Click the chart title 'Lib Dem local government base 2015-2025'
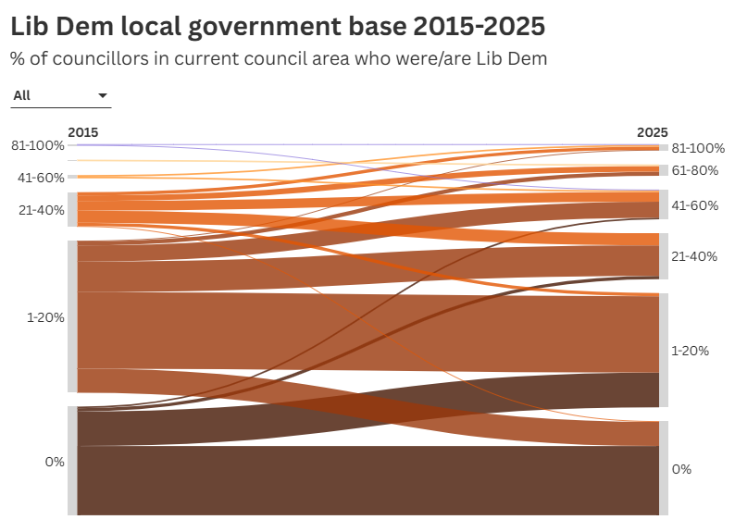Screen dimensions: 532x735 [278, 27]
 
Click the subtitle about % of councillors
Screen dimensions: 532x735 [279, 58]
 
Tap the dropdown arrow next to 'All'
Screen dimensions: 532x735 [102, 95]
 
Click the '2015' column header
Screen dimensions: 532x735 [82, 132]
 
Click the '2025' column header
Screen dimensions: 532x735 [652, 132]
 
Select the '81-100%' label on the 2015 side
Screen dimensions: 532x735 [38, 145]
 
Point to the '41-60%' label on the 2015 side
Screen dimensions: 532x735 [38, 177]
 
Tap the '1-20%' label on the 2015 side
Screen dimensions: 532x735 [44, 317]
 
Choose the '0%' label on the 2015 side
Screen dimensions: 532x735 [55, 461]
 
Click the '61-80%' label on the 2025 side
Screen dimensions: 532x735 [694, 170]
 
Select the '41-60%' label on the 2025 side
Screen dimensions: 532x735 [694, 204]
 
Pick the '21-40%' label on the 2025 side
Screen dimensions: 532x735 [694, 256]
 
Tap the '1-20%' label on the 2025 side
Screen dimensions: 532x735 [690, 351]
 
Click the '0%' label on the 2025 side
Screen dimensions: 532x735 [681, 469]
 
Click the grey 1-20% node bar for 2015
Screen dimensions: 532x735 [72, 316]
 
